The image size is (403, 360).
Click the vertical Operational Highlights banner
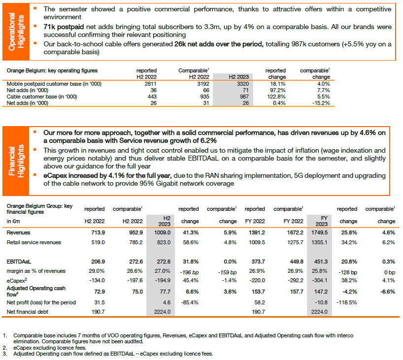(16, 32)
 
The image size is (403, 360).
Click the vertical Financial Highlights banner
(16, 161)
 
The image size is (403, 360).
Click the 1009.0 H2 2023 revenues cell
(162, 232)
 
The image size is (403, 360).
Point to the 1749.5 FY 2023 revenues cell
(319, 232)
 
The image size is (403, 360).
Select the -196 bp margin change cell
(189, 272)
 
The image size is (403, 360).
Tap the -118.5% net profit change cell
(347, 302)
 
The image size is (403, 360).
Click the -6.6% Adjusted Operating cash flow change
(388, 292)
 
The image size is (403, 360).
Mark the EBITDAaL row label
(19, 262)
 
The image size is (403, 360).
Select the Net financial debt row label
(28, 312)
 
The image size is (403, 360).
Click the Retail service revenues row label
(34, 242)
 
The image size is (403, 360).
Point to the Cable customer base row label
(42, 97)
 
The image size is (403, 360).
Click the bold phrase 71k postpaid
(64, 27)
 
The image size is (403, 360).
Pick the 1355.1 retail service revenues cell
(319, 242)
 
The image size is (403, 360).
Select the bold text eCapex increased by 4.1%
(107, 176)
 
